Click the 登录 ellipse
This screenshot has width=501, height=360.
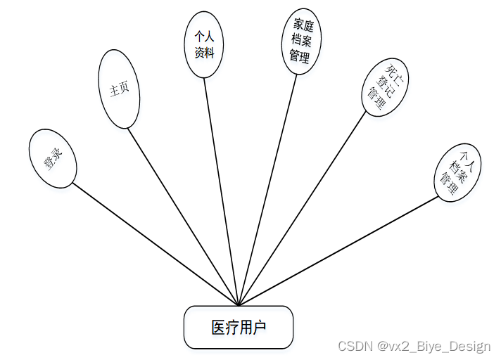[x=52, y=158]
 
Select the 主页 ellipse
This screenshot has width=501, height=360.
[x=120, y=89]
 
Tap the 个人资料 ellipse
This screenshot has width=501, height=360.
[x=204, y=44]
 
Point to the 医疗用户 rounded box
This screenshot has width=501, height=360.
[x=238, y=327]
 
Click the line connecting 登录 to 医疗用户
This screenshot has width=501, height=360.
[x=155, y=244]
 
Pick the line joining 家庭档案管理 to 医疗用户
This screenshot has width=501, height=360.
[x=267, y=190]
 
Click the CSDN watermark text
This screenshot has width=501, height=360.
[x=355, y=346]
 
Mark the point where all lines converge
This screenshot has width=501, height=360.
[x=239, y=305]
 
